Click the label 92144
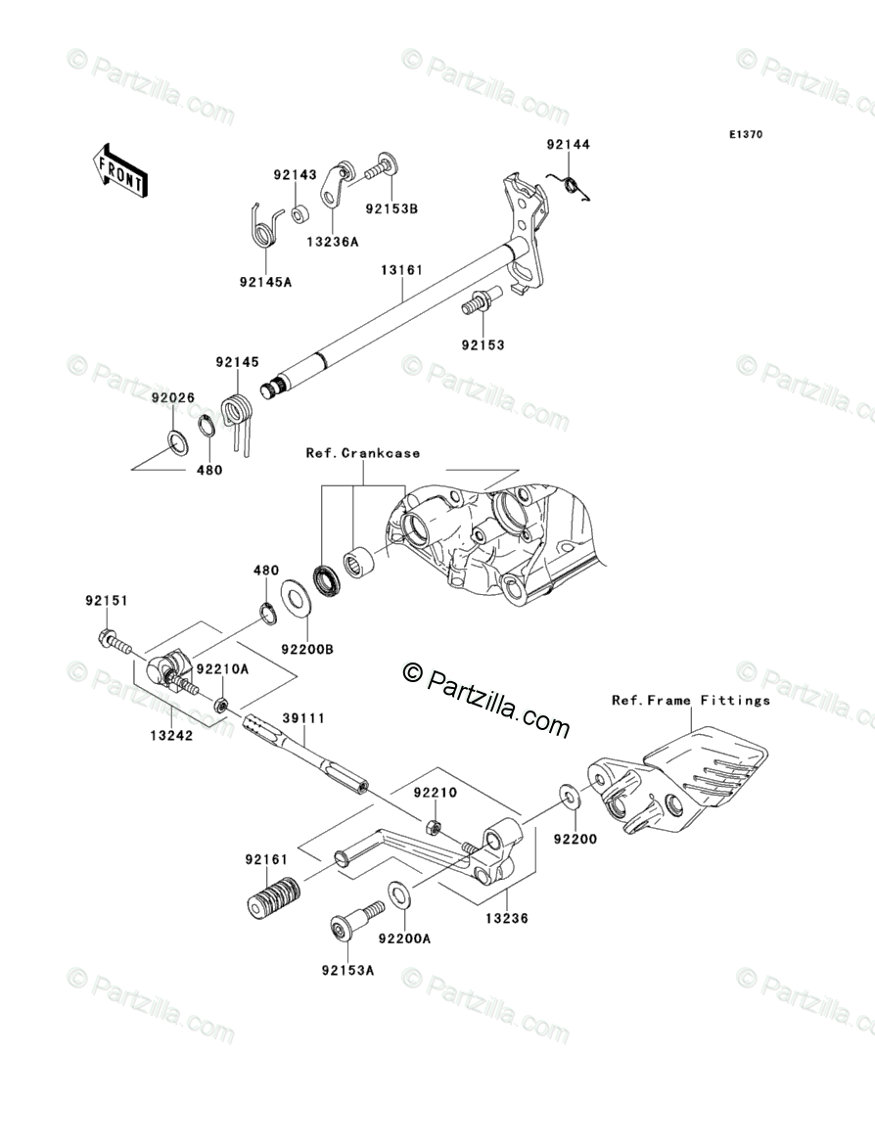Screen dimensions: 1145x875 point(569,145)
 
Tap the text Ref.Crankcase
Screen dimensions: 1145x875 point(363,453)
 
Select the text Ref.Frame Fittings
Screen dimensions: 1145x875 point(691,700)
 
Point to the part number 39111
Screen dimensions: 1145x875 point(303,719)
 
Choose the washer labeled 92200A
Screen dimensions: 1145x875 point(399,893)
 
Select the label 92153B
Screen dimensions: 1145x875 point(392,207)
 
